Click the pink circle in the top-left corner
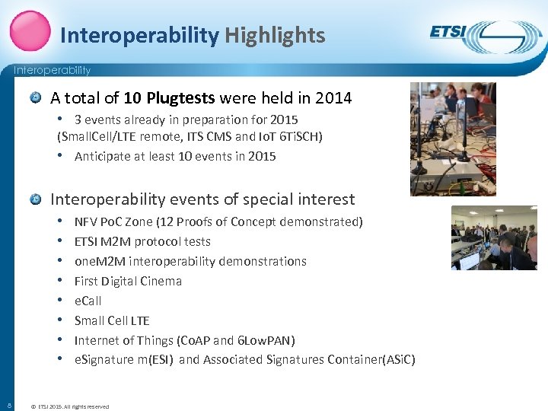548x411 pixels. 30,30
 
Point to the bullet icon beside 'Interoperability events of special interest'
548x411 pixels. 36,199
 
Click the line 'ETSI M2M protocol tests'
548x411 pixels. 142,241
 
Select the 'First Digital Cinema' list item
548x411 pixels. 128,281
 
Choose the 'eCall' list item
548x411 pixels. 88,301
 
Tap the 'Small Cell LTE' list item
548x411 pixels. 112,320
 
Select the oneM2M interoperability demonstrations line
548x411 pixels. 190,261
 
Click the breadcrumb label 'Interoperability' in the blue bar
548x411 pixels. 52,71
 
